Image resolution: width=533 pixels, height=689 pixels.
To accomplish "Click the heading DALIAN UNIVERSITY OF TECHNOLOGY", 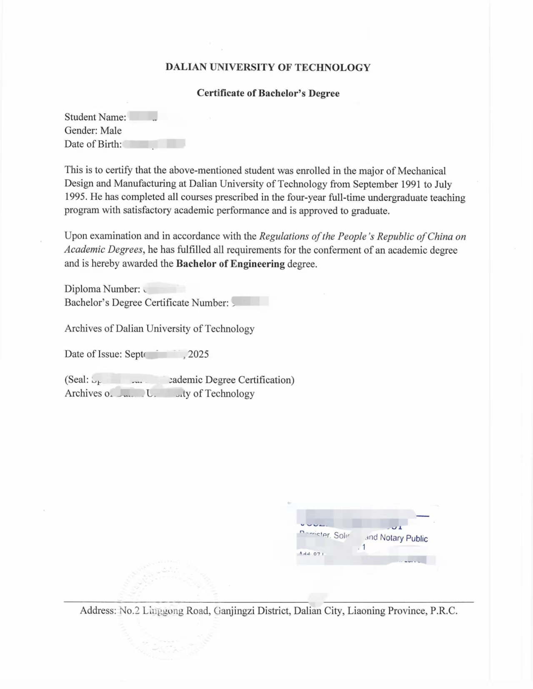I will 268,67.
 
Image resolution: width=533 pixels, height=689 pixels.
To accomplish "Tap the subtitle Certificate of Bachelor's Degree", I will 268,93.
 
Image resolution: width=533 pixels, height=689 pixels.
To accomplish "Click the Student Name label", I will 95,117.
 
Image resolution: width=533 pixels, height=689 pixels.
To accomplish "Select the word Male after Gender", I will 111,131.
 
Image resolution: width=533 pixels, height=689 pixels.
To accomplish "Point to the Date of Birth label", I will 93,144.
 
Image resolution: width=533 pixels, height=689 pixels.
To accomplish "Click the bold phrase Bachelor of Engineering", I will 230,264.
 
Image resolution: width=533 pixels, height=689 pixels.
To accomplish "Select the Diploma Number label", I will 102,289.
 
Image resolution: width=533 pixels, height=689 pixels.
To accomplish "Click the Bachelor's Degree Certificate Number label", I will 146,303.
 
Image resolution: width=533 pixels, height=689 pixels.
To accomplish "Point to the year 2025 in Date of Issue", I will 198,354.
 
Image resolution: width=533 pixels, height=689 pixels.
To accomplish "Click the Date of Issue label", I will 93,354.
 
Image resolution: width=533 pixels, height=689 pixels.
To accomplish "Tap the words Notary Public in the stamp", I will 403,538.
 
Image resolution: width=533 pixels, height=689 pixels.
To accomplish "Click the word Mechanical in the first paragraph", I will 422,171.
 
